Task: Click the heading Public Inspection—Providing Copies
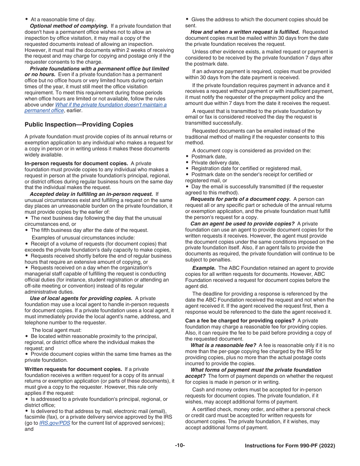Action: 79,125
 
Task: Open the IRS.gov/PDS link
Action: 55,423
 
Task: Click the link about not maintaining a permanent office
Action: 111,105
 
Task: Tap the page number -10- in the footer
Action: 180,446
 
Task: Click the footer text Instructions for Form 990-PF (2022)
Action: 290,446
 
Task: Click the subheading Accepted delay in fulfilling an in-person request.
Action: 91,194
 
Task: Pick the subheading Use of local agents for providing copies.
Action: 81,299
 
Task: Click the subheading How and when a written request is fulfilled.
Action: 245,32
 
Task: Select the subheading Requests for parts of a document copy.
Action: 240,199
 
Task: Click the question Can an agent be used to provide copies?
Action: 242,224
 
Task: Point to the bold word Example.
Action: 204,268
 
